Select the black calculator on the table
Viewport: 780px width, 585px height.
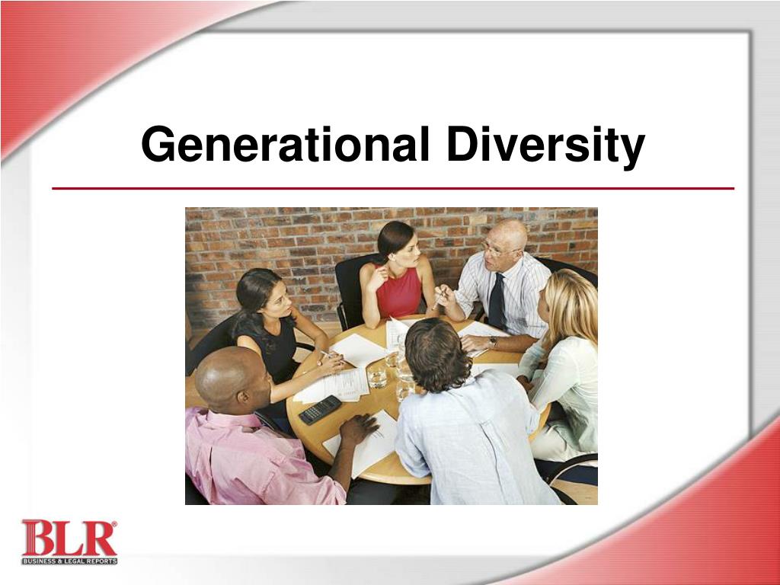tap(320, 409)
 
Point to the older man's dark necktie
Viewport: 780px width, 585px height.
tap(497, 301)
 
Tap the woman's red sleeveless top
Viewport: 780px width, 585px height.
tap(398, 293)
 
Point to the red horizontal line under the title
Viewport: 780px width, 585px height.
tap(392, 188)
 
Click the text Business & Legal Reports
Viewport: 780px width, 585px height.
tap(69, 561)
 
